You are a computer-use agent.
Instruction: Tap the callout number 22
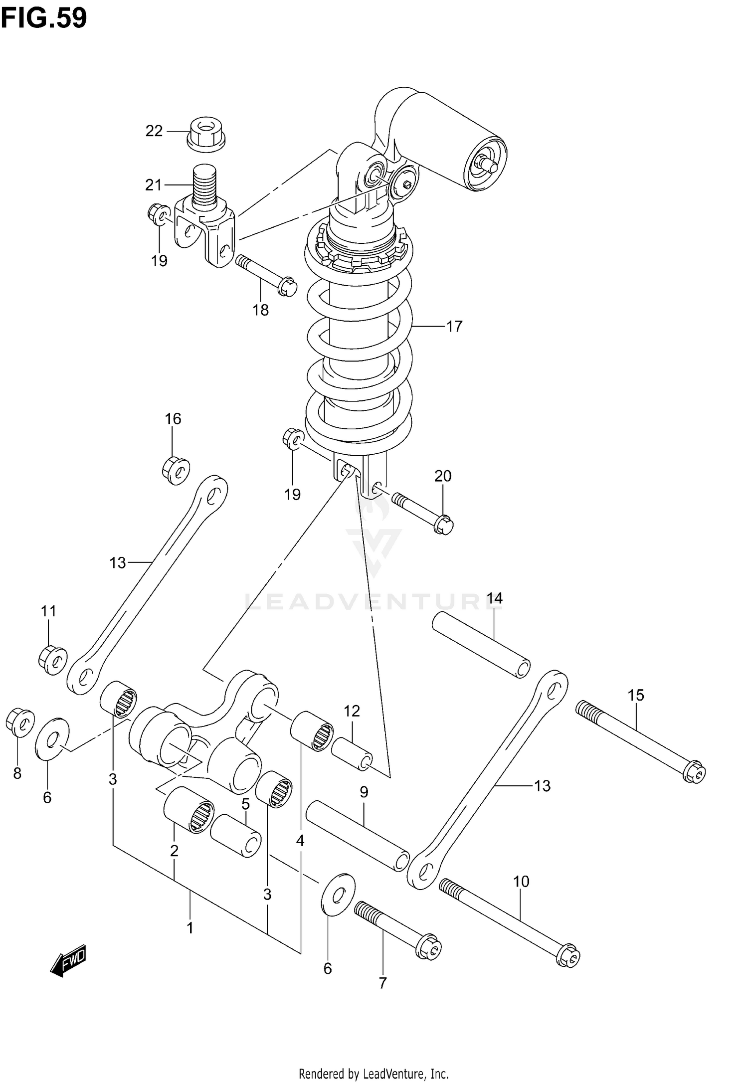point(154,131)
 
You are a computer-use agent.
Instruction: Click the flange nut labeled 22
point(205,134)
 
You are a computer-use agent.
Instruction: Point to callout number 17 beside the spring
point(454,326)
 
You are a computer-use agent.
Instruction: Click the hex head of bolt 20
point(443,525)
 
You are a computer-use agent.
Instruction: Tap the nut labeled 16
point(176,470)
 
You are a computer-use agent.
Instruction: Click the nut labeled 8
point(19,722)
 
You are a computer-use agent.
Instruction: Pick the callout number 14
point(495,598)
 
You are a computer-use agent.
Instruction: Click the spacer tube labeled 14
point(481,644)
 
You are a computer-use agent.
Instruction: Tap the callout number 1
point(189,928)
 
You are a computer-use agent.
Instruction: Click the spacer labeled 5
point(236,836)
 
